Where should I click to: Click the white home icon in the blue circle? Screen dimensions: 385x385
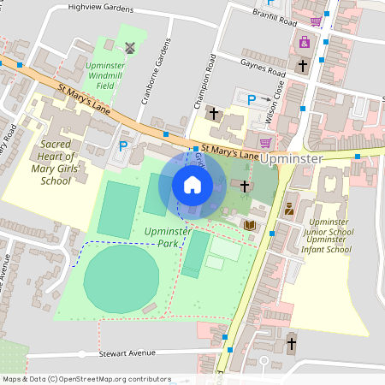[x=192, y=184]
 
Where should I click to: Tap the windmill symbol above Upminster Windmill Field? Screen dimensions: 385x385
[x=130, y=47]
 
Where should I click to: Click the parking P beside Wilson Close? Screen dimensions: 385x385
[x=252, y=101]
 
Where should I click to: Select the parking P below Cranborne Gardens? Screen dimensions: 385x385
[x=122, y=146]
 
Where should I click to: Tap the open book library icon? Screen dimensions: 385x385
[x=250, y=225]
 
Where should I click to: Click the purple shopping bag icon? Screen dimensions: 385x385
[x=303, y=41]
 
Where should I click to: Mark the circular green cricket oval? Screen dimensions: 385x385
[x=121, y=277]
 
